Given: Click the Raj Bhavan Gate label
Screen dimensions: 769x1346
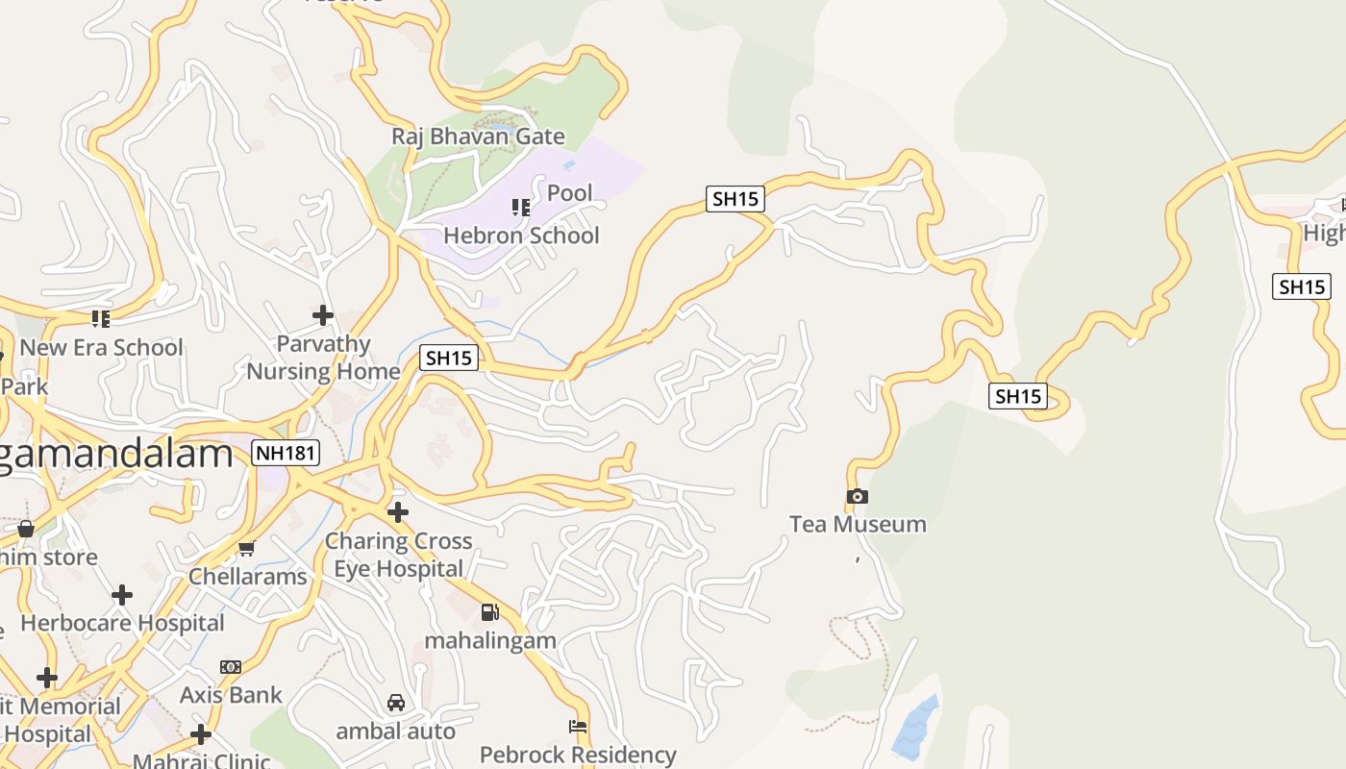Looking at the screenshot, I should point(478,136).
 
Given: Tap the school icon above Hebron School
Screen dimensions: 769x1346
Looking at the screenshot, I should point(521,207).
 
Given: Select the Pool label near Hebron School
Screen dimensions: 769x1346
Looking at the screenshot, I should point(570,193).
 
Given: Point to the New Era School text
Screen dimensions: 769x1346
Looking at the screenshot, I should point(101,347).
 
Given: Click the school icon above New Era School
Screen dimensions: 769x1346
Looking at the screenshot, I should point(101,318).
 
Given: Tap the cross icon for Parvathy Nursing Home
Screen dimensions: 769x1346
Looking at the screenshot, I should point(323,314).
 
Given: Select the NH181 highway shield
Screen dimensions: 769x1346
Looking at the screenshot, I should point(286,453).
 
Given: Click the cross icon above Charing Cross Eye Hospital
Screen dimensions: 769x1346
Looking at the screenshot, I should point(398,511).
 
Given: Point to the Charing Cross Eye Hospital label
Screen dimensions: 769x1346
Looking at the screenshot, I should point(398,555).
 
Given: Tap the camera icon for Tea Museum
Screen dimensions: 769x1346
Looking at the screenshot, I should point(858,496).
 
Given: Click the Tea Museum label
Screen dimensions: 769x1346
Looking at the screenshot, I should point(858,524).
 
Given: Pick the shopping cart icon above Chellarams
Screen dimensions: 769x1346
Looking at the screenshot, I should point(247,549).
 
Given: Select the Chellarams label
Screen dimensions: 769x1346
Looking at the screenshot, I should point(247,577).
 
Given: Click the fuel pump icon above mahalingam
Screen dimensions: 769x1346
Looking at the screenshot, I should point(490,612).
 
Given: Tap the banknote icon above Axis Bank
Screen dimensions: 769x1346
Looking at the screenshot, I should point(231,666).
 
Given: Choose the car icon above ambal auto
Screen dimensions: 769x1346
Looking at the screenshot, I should point(395,703).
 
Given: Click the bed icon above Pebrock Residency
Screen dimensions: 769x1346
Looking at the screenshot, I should point(578,727).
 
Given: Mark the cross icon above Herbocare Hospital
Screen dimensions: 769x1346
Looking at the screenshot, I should point(122,595).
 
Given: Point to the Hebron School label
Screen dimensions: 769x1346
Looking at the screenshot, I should point(521,236).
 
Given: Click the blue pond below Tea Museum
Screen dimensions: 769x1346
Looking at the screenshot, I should point(915,726).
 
